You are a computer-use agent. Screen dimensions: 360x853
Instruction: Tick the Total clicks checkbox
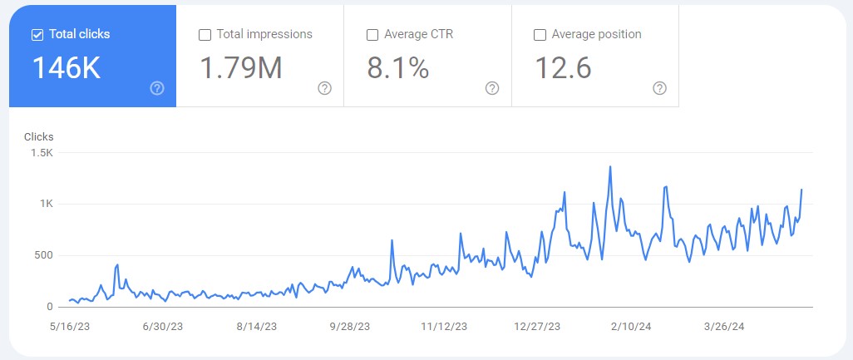pos(37,35)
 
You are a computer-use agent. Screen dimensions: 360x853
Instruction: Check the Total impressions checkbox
pos(205,35)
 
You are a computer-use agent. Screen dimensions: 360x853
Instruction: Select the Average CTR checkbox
pos(372,35)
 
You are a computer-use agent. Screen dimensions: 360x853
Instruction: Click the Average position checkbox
pos(540,35)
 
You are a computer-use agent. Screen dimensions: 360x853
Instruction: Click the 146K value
pos(66,68)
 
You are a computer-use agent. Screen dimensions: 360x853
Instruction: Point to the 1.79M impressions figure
pos(241,68)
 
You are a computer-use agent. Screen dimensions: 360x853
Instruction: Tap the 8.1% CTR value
pos(397,68)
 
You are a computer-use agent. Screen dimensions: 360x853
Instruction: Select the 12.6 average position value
pos(562,68)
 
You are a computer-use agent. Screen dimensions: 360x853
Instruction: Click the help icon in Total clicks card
pos(157,88)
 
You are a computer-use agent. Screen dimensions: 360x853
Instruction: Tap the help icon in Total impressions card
pos(325,88)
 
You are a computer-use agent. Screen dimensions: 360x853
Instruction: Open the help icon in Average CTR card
pos(492,88)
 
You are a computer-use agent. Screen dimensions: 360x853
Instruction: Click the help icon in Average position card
pos(660,88)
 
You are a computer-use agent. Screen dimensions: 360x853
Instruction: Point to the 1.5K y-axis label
pos(42,153)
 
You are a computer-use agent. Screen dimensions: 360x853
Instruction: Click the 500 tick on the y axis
pos(44,255)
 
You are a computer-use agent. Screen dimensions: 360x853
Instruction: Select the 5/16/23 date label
pos(70,327)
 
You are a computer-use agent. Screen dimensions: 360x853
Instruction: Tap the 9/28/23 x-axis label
pos(349,327)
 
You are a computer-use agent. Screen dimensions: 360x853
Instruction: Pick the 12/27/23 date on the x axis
pos(537,327)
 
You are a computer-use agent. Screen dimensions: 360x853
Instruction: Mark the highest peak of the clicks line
pos(610,166)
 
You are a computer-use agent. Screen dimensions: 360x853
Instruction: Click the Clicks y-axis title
pos(38,136)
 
